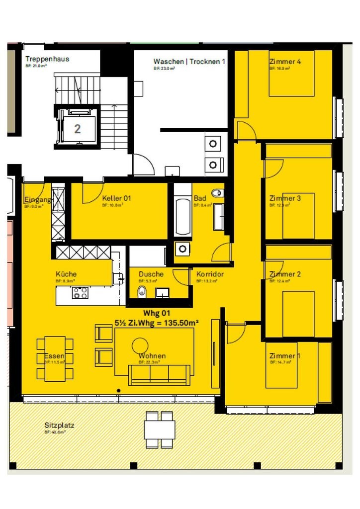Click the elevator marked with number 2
77,129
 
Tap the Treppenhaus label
47,59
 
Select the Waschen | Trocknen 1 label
189,62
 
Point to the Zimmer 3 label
285,198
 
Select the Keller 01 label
116,198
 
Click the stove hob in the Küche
81,293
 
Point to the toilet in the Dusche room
142,291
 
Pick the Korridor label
210,274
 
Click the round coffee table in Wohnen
140,345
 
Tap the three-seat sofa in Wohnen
159,375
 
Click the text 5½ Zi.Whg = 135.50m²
157,322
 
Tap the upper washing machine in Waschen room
213,144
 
